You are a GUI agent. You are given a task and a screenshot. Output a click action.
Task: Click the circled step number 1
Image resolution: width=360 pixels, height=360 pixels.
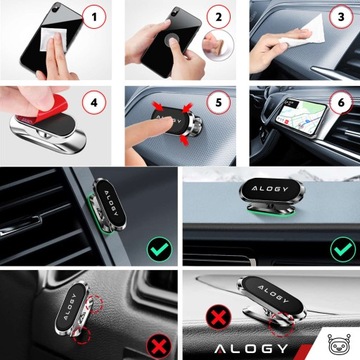94,16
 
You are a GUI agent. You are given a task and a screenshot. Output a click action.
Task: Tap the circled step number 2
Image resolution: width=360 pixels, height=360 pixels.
218,16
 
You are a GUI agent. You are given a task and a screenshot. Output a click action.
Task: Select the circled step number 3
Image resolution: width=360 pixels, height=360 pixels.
341,16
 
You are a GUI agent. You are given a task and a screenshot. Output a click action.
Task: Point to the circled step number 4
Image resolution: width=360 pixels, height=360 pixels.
94,102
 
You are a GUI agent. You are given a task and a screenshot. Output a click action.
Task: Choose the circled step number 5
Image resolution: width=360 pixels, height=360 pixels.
218,102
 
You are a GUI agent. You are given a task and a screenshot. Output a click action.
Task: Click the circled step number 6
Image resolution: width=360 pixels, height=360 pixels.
341,102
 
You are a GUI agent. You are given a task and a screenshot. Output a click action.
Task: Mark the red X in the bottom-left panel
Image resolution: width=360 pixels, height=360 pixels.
159,346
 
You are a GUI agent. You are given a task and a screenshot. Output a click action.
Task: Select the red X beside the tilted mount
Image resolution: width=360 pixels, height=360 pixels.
218,316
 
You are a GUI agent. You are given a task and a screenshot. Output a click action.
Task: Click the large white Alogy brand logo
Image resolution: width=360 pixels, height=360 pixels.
251,349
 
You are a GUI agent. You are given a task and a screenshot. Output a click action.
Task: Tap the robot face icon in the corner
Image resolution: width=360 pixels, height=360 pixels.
339,343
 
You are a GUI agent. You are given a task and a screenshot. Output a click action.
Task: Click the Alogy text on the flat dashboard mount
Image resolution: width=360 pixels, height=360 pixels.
269,189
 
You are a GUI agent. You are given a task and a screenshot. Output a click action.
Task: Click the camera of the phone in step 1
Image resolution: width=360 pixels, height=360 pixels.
56,6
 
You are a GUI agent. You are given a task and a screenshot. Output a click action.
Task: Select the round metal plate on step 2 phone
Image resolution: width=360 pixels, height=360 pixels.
172,41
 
